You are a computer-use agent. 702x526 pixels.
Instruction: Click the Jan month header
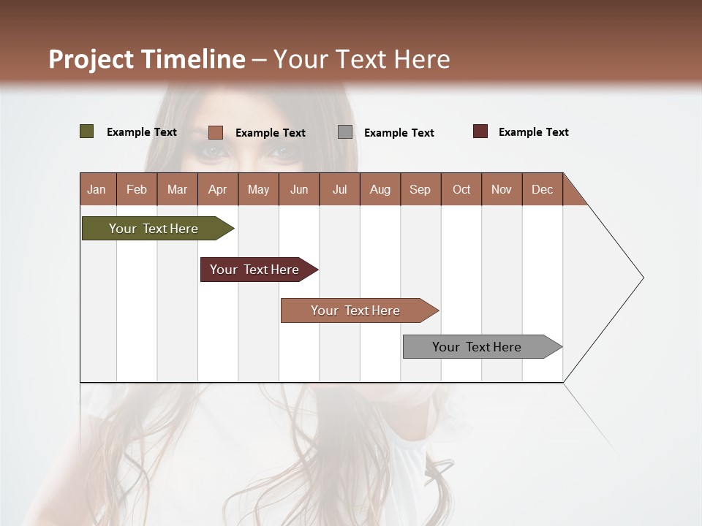pos(97,189)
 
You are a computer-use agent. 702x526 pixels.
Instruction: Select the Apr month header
pos(218,189)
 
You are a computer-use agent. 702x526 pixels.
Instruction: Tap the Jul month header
pos(339,189)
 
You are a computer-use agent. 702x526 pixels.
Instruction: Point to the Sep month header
pos(420,189)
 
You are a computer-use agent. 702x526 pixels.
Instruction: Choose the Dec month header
pos(542,189)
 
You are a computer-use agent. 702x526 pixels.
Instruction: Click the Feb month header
pos(137,189)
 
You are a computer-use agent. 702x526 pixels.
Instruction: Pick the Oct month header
pos(461,189)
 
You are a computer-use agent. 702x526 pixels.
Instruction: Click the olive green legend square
pos(86,131)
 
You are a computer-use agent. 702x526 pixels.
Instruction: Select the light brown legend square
pos(215,132)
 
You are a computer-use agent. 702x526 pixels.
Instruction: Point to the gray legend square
pos(345,132)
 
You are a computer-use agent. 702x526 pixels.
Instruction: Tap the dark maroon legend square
pos(480,131)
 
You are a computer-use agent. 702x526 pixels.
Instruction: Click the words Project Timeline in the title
pos(146,59)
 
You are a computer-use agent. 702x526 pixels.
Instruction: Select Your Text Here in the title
pos(361,59)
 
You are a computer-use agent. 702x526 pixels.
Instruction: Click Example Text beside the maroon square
pos(533,132)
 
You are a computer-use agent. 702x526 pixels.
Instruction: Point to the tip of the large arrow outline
pos(642,278)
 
